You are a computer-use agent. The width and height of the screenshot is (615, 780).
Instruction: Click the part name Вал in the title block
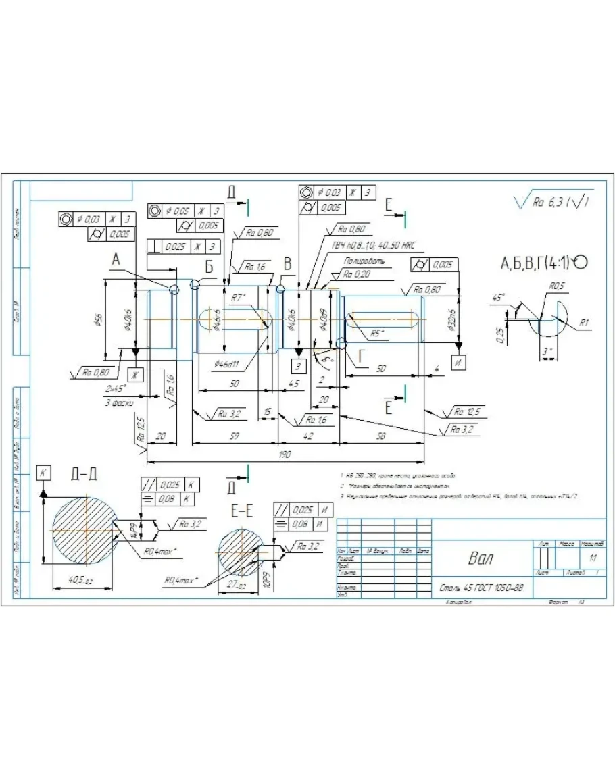coord(481,558)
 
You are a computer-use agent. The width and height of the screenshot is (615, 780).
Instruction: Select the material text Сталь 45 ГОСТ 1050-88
coord(481,588)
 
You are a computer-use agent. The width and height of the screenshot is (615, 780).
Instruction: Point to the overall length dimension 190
coord(285,454)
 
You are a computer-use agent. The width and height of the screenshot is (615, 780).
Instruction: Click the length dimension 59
coord(234,437)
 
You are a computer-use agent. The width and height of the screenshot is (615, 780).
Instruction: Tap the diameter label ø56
coord(99,319)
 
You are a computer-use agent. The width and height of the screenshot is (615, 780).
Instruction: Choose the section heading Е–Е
coord(242,512)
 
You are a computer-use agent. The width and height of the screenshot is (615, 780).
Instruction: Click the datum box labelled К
coord(43,473)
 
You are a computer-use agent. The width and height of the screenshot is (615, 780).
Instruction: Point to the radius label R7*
coord(237,297)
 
